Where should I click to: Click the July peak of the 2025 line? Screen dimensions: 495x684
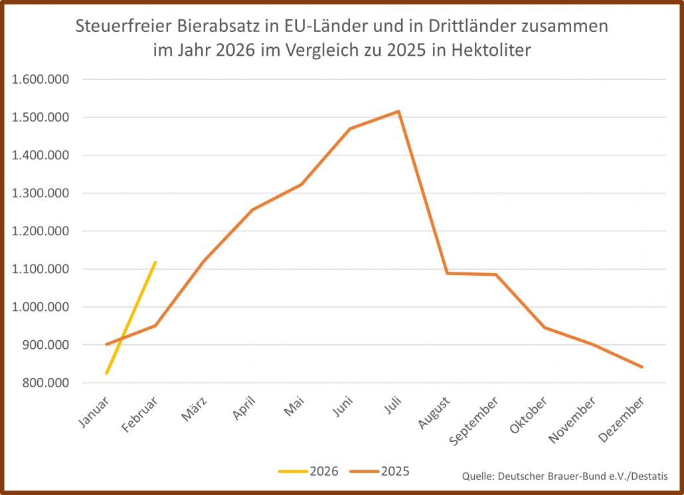tap(398, 111)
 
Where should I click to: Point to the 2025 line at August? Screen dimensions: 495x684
tap(447, 272)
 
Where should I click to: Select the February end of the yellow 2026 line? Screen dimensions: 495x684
tap(155, 262)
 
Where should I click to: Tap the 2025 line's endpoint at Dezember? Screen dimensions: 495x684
tap(642, 367)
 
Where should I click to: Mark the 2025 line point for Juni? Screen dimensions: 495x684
tap(350, 128)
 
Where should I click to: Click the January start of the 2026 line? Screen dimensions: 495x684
tap(106, 373)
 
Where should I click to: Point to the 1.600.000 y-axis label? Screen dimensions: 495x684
tap(41, 80)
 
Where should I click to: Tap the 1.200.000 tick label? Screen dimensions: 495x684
tap(41, 231)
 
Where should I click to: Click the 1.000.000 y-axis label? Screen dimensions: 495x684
tap(41, 307)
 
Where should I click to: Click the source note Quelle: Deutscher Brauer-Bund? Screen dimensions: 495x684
tap(564, 476)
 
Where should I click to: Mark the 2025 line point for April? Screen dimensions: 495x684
tap(252, 209)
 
